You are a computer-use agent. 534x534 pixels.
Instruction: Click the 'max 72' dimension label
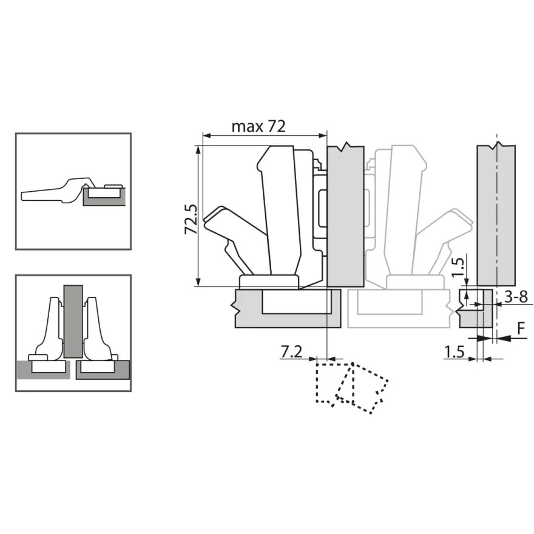tap(258, 126)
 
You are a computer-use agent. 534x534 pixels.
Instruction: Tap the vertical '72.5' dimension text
tap(191, 218)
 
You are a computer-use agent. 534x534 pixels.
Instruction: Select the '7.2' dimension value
tap(291, 351)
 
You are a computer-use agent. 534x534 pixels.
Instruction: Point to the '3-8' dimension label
tap(516, 297)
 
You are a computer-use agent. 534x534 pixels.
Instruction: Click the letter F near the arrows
tap(521, 328)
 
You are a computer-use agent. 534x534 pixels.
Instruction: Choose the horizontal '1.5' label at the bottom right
tap(455, 352)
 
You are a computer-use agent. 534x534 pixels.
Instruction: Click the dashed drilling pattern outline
tap(352, 388)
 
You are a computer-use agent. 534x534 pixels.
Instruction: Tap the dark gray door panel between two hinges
tap(73, 322)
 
